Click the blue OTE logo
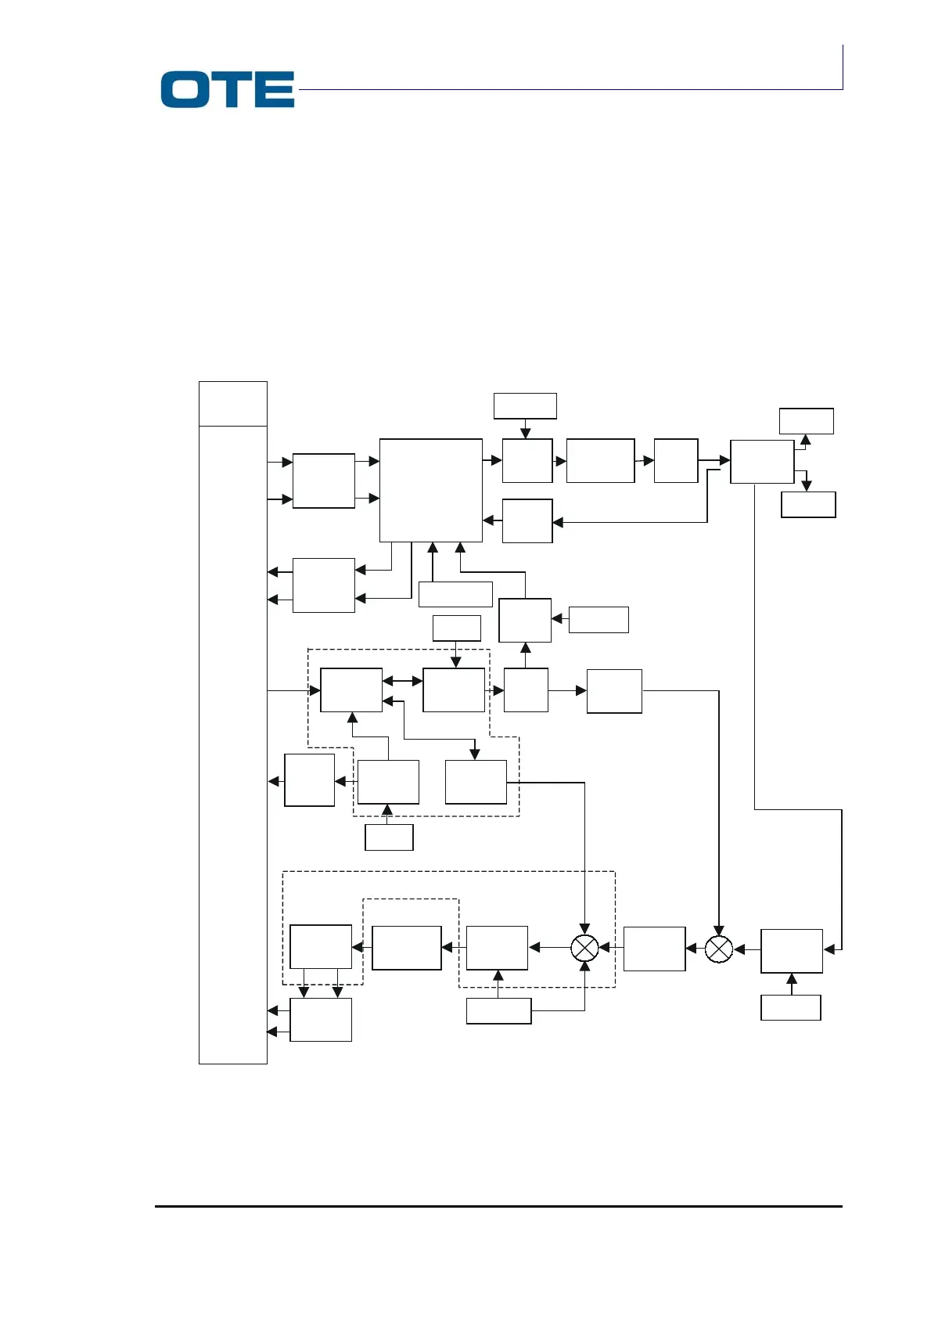227,89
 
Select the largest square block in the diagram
430,490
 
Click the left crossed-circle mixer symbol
584,948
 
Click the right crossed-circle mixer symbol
719,949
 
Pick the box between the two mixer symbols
654,949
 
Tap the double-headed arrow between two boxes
402,682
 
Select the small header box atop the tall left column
232,404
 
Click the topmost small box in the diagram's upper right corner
806,421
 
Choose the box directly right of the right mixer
791,951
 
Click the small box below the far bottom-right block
790,1008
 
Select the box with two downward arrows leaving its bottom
320,947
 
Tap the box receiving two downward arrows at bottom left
320,1020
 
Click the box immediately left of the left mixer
497,948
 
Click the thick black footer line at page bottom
498,1206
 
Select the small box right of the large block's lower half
527,521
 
